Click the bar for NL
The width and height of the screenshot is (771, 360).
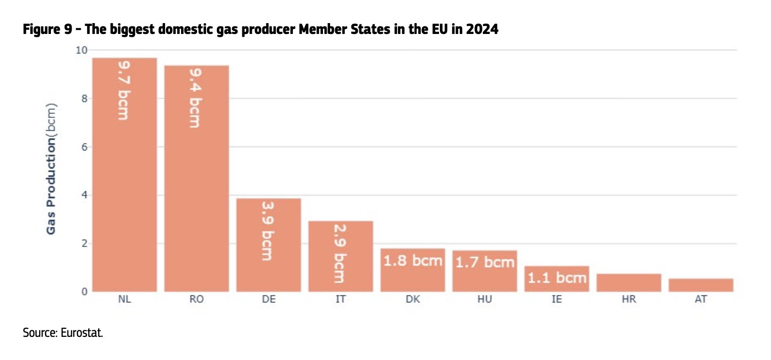click(124, 189)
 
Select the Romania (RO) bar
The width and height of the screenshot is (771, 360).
click(197, 189)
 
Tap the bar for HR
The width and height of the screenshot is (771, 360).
click(629, 283)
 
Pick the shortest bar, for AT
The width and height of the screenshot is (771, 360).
click(701, 285)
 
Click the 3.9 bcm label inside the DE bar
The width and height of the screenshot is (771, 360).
click(268, 231)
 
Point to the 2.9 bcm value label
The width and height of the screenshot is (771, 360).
click(340, 253)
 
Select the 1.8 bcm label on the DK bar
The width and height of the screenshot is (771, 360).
click(413, 260)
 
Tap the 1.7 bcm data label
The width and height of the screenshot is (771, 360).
click(485, 262)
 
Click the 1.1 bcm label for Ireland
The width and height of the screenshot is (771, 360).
click(557, 277)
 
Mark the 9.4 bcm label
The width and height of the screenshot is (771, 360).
click(196, 98)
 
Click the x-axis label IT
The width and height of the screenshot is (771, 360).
click(340, 299)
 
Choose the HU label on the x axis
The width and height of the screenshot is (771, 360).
click(485, 299)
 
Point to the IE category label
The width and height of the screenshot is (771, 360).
click(557, 299)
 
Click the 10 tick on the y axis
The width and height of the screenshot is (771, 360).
click(82, 50)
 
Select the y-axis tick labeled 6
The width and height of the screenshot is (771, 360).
click(84, 147)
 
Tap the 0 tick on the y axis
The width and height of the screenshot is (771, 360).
click(84, 292)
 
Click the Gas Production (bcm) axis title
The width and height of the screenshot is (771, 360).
click(51, 168)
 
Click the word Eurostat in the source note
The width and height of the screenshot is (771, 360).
click(82, 333)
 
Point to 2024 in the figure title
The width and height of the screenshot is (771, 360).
click(482, 29)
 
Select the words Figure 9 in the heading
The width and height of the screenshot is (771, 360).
click(48, 29)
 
